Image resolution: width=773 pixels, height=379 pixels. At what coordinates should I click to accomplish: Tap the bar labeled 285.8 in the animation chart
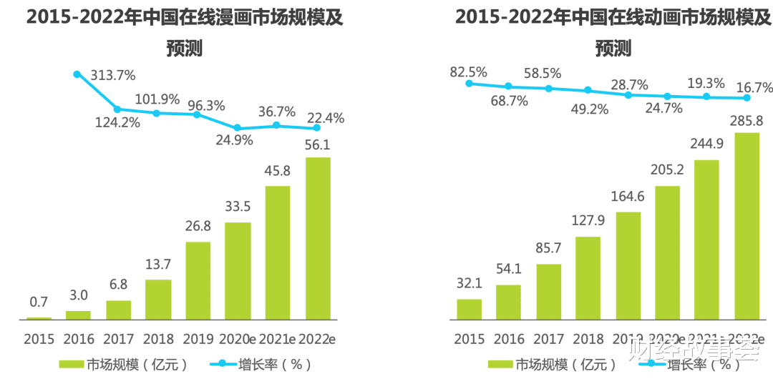[x=747, y=225]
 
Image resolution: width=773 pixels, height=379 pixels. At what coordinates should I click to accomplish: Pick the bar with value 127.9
[x=588, y=277]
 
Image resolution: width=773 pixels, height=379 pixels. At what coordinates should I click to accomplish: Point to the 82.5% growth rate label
[x=469, y=72]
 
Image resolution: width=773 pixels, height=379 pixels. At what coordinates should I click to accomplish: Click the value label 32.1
[x=469, y=284]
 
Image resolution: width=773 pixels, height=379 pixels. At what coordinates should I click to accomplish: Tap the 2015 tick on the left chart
[x=39, y=338]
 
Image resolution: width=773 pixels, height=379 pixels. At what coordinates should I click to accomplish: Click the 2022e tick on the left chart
[x=318, y=338]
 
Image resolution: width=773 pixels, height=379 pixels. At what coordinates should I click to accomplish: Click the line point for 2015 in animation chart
[x=470, y=84]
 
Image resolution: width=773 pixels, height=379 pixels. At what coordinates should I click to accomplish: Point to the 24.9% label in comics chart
[x=235, y=140]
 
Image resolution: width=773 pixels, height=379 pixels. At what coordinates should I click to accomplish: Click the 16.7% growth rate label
[x=754, y=88]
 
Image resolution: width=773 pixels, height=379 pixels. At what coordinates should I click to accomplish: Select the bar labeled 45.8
[x=278, y=252]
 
